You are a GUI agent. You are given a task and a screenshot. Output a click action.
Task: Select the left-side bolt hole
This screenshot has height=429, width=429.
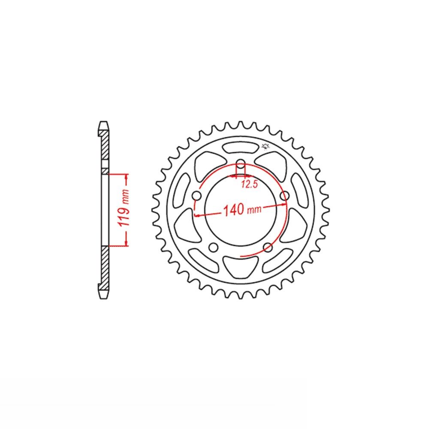coord(197,196)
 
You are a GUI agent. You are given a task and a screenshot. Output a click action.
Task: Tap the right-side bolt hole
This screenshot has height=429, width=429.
coord(285,196)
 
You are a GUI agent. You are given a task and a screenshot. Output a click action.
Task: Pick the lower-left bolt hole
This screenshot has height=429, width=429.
coord(213,248)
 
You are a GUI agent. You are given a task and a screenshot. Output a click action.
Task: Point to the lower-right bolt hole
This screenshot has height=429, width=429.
coord(268,248)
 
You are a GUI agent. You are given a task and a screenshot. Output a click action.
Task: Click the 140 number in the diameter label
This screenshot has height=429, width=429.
coord(234,210)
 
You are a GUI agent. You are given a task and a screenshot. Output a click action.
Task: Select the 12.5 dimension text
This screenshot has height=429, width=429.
coord(250,184)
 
